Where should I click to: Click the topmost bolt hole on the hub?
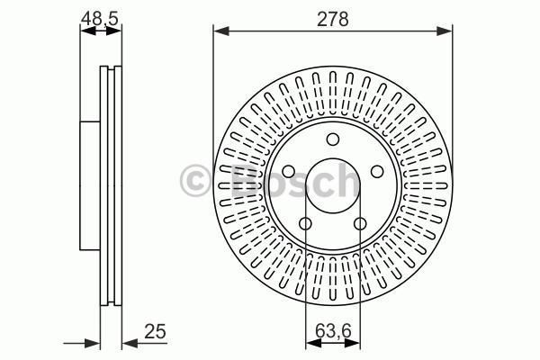pos(332,139)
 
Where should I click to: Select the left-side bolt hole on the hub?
pos(288,172)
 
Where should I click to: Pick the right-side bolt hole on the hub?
pos(376,172)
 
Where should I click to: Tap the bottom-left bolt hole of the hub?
pos(305,224)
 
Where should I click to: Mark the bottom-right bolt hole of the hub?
pos(360,224)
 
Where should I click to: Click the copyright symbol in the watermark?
pos(195,180)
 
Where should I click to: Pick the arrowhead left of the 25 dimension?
pos(92,342)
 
